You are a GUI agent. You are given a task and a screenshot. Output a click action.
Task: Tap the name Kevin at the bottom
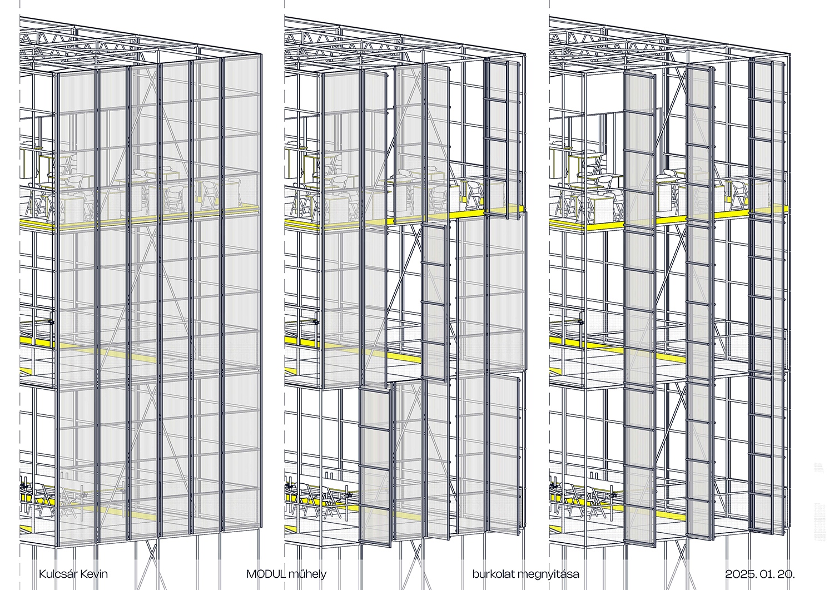tap(95, 574)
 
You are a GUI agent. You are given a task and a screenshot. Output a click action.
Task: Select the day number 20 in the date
tap(786, 574)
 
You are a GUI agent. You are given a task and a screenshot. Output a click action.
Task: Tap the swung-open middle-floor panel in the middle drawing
tap(434, 303)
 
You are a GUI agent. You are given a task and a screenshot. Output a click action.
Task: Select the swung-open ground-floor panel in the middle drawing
tap(375, 467)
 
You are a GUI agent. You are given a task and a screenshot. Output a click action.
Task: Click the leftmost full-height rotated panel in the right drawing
tap(639, 309)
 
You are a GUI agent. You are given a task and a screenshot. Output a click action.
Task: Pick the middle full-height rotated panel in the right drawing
tap(701, 302)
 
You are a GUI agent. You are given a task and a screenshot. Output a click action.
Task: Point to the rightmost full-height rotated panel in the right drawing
tap(761, 294)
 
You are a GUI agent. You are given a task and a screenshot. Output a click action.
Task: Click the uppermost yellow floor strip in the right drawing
tap(668, 217)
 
